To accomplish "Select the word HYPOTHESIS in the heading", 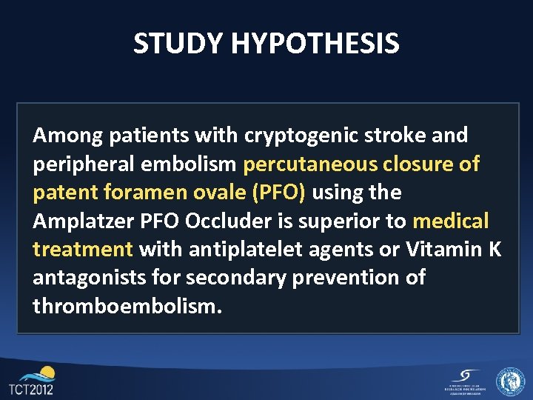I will click(315, 44).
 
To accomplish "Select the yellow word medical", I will click(451, 221).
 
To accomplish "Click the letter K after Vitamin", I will click(494, 250).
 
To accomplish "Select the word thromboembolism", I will click(127, 306).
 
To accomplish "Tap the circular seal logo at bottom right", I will click(510, 381).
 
